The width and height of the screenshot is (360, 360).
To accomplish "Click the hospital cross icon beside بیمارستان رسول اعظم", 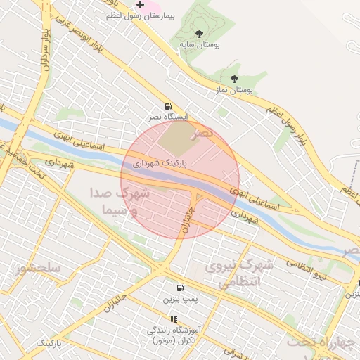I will (x=141, y=5).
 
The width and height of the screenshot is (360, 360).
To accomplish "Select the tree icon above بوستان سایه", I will (x=200, y=33).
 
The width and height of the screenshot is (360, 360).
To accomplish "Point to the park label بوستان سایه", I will (x=200, y=44).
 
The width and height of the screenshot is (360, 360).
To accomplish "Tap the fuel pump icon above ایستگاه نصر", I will (x=167, y=105).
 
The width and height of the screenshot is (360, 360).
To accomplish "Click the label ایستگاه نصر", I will (x=167, y=116).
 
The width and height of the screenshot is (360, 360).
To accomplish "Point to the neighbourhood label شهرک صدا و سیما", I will (x=120, y=200).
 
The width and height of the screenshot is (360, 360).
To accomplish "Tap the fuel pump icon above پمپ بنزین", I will (x=180, y=288).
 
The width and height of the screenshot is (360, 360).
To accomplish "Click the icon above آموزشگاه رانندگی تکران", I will (x=174, y=319).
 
